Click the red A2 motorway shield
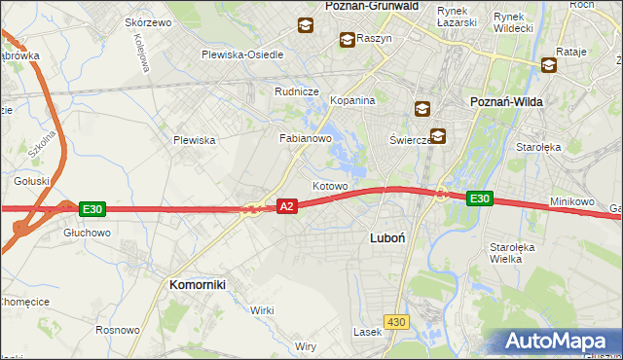pos(286,206)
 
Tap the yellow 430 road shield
pos(396,321)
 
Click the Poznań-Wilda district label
pos(506,101)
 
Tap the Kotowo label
pos(330,185)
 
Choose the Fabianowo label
pos(307,139)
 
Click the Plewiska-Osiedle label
pos(242,54)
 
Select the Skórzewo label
pos(148,22)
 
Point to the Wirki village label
pos(262,310)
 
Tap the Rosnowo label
pos(117,331)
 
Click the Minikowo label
pos(571,201)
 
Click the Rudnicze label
pos(297,91)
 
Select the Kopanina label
pos(352,100)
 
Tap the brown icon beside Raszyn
pos(347,40)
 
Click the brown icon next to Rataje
pos(549,65)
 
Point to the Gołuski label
pos(31,180)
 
